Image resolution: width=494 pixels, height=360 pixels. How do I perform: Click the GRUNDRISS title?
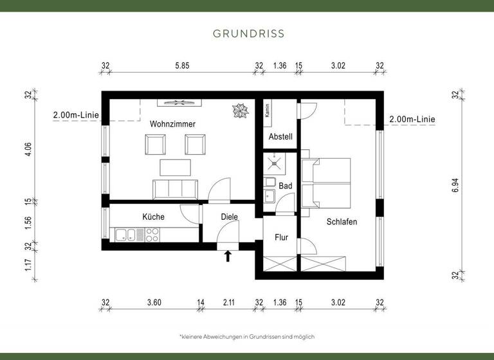[x=248, y=33]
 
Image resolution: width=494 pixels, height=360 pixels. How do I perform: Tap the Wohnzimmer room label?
[x=172, y=123]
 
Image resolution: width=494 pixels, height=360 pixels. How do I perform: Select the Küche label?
[x=153, y=217]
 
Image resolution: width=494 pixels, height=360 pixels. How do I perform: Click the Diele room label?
[x=229, y=217]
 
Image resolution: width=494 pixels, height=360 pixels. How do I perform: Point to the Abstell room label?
[x=280, y=136]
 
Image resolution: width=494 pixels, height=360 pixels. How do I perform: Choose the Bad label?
[x=286, y=186]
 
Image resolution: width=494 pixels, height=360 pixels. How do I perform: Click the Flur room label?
[x=281, y=237]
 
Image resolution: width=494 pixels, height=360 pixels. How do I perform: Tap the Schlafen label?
[x=341, y=221]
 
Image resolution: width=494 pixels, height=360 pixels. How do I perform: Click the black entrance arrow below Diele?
[x=227, y=256]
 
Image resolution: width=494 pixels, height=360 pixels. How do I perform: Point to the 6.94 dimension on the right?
[x=455, y=186]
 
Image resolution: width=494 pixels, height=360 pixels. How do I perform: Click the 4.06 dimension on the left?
[x=28, y=148]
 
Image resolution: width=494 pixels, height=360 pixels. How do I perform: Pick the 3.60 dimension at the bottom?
[x=154, y=302]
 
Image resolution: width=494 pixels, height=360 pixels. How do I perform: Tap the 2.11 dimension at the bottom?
[x=230, y=302]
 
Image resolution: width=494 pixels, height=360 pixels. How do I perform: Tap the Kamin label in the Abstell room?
[x=267, y=112]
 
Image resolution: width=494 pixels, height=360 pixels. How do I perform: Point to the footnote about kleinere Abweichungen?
[x=247, y=336]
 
